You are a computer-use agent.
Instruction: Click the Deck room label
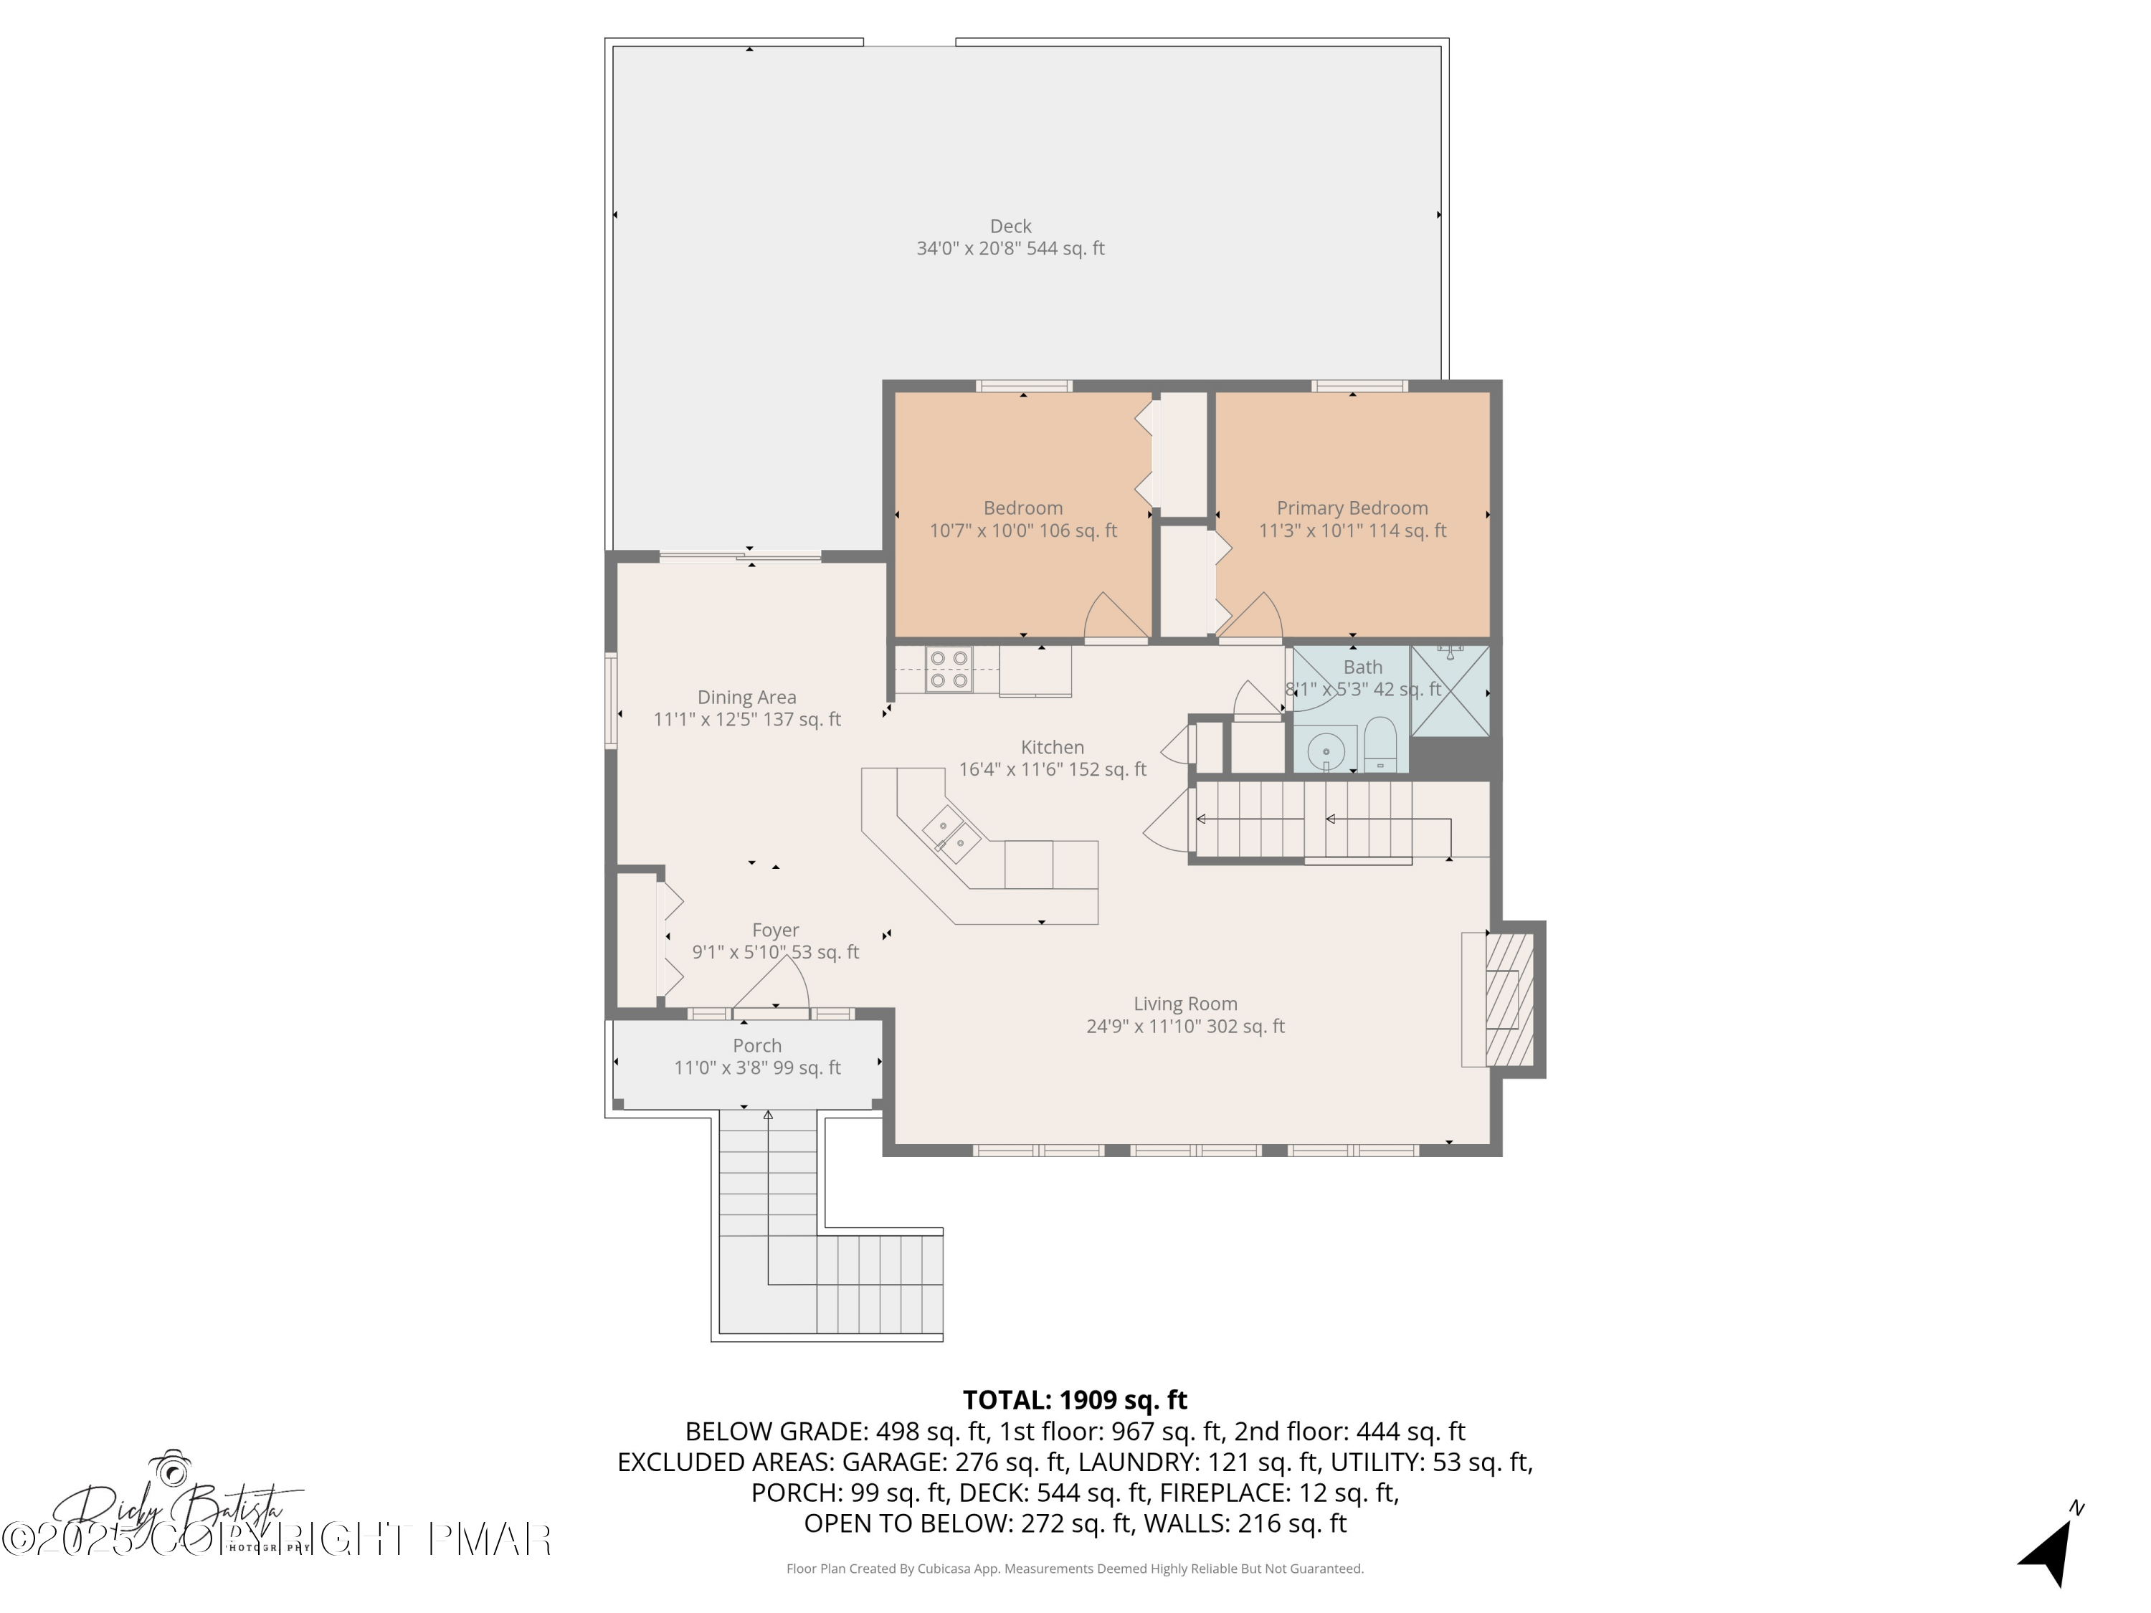click(1010, 227)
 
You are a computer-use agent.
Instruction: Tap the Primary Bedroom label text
click(1352, 508)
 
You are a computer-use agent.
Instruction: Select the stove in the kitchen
click(948, 670)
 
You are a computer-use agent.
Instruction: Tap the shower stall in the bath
click(1450, 691)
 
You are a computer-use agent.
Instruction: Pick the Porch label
click(756, 1046)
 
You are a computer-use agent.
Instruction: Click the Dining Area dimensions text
click(747, 720)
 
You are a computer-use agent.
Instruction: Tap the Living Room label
click(1184, 1004)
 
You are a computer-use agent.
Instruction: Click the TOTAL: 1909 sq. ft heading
click(1075, 1400)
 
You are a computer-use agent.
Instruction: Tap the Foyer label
click(775, 931)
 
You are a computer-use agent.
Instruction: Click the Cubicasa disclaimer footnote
click(1075, 1569)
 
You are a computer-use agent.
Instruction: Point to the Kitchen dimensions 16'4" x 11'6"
click(1052, 770)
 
